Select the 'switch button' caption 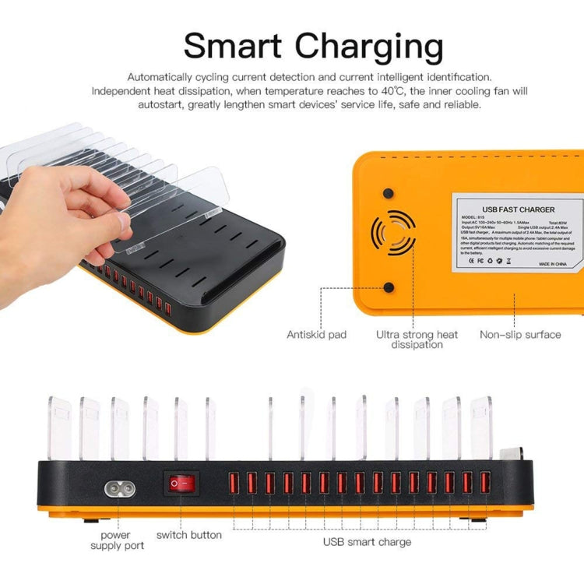pos(189,535)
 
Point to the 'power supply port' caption pos(117,540)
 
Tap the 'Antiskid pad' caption pos(316,335)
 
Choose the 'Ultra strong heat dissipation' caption pos(417,339)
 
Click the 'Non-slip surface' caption pos(521,335)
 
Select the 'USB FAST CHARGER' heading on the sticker pos(519,209)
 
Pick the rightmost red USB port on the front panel pos(485,483)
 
